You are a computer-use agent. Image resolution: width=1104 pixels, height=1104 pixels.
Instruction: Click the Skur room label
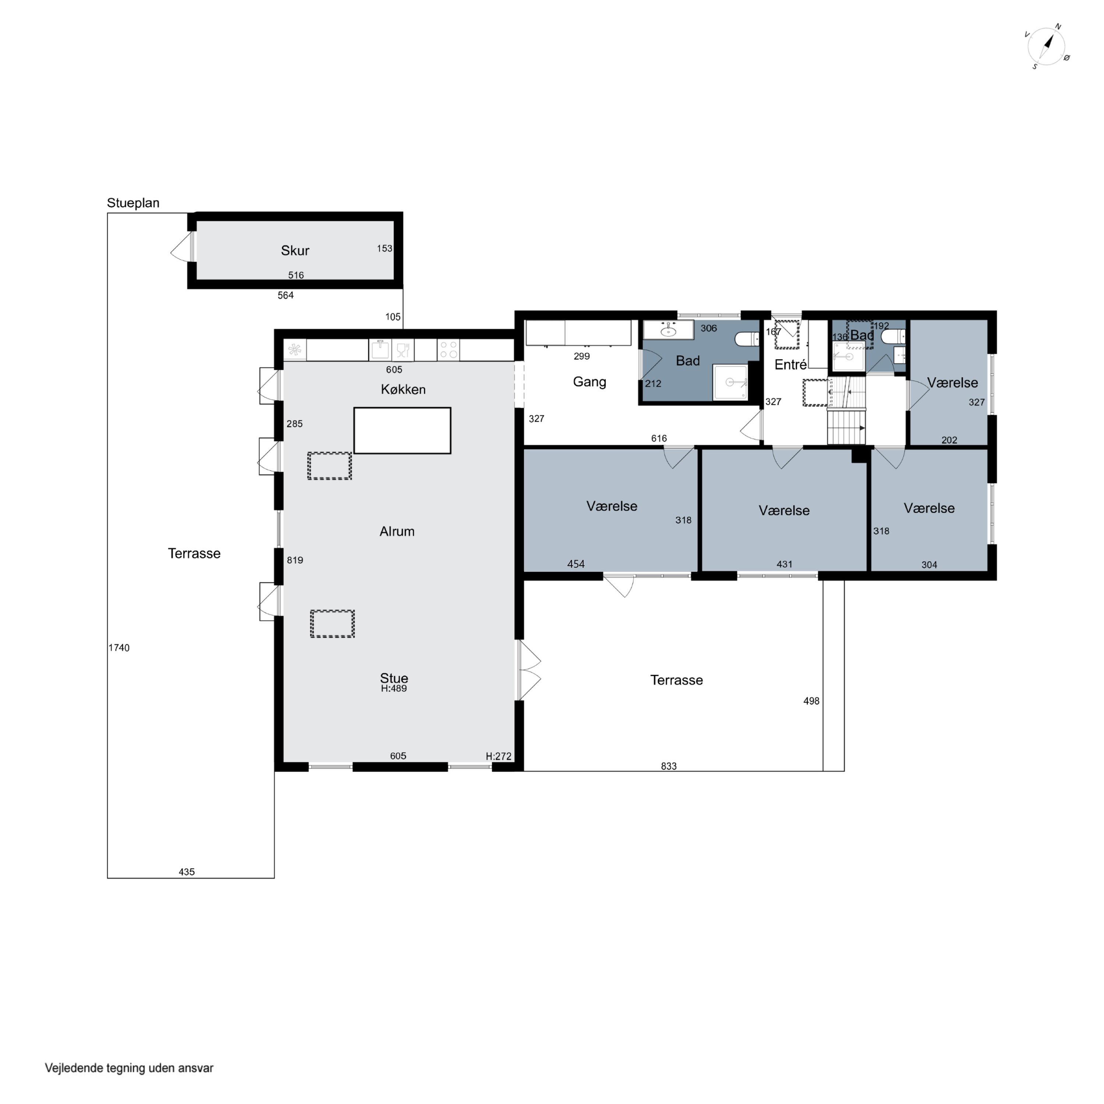[x=295, y=250]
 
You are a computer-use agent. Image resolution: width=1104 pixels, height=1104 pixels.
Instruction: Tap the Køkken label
[x=403, y=389]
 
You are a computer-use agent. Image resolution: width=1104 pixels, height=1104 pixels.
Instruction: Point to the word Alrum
[x=397, y=531]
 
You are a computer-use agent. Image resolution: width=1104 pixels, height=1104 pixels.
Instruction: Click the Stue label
[x=394, y=678]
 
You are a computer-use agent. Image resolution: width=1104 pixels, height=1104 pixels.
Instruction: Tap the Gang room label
[x=590, y=382]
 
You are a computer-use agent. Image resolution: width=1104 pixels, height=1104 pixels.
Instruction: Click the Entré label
[x=791, y=365]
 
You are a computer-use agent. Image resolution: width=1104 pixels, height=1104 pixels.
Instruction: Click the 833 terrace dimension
[x=669, y=766]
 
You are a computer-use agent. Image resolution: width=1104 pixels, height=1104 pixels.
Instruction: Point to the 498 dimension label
[x=811, y=701]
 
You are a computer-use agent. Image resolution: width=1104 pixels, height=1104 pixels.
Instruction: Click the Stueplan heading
[x=133, y=203]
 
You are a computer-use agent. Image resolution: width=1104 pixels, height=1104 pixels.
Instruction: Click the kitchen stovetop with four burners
[x=449, y=350]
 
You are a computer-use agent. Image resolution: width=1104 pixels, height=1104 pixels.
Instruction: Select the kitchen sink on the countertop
[x=380, y=349]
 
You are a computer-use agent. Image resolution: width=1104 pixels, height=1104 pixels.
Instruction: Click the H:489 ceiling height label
[x=394, y=689]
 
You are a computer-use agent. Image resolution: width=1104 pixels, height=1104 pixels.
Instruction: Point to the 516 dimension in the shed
[x=296, y=275]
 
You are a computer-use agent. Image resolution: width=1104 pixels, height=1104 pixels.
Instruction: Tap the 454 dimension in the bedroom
[x=576, y=564]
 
